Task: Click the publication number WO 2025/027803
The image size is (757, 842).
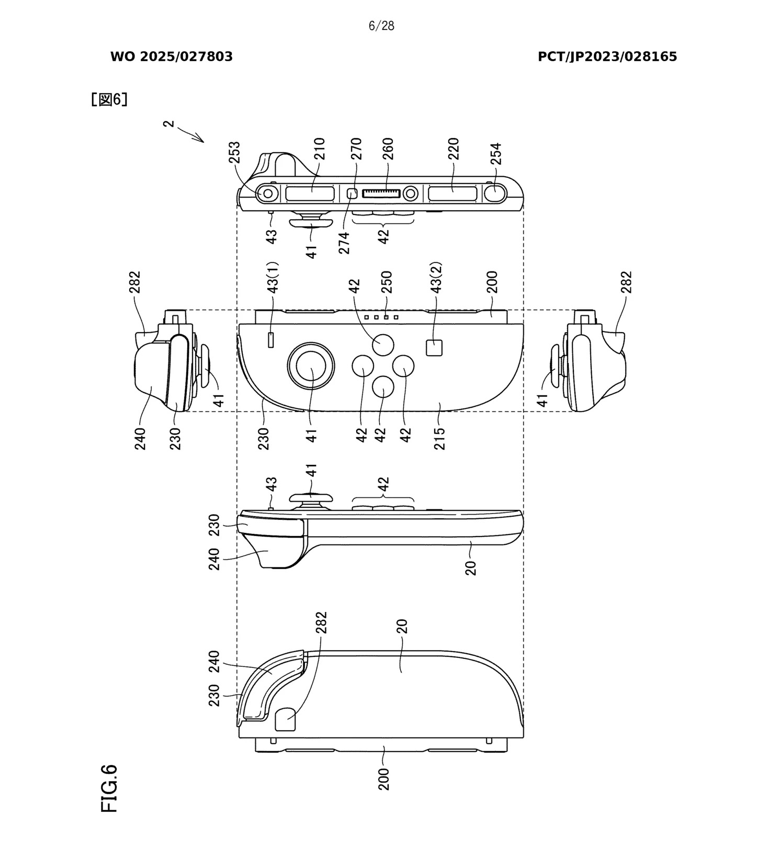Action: coord(171,57)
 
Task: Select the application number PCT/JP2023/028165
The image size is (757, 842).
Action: coord(607,57)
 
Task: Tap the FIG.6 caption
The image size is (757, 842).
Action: coord(109,788)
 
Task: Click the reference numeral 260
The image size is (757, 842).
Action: coord(388,149)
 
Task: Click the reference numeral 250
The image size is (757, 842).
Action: coord(387,282)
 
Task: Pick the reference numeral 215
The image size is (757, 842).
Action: coord(439,438)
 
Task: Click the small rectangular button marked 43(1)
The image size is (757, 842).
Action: coord(271,340)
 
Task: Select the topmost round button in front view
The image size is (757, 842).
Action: coord(383,345)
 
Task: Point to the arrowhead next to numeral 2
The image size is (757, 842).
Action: coord(200,139)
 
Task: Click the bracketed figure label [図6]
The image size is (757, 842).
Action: coord(109,99)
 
